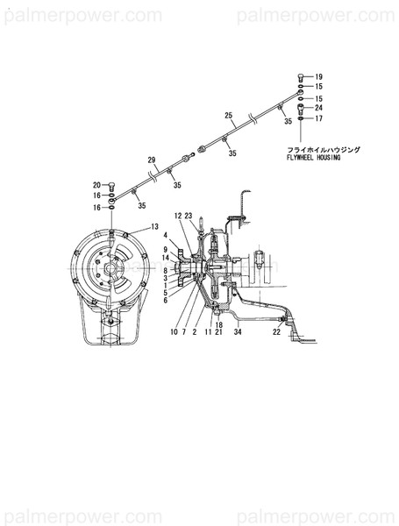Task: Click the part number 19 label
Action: (319, 77)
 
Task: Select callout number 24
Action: (319, 108)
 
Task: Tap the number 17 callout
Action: (319, 118)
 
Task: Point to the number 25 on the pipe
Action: (228, 116)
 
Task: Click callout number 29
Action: (151, 160)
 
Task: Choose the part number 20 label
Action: (97, 184)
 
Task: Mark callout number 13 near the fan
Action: (155, 227)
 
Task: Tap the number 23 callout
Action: (189, 216)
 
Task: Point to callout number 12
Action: (177, 216)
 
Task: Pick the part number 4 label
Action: (165, 235)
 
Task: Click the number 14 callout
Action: (165, 258)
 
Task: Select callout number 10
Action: (174, 331)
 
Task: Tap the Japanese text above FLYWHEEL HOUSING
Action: (324, 149)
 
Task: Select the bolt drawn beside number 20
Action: (114, 185)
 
